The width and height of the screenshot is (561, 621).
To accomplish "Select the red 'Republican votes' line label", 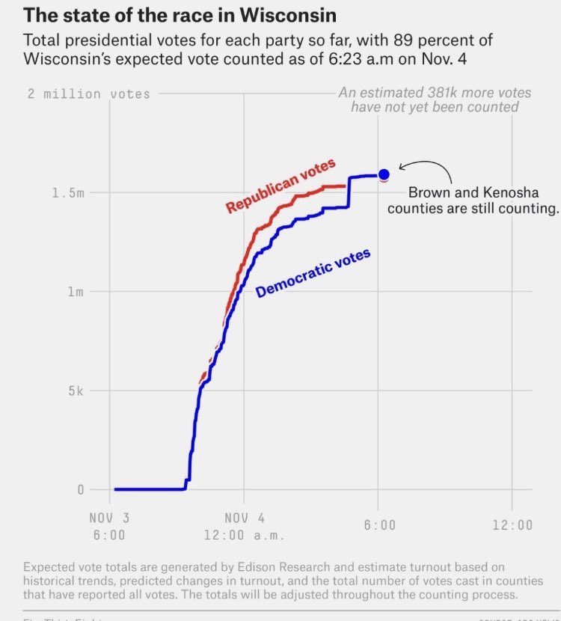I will click(280, 186).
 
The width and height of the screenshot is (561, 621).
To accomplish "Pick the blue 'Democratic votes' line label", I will click(313, 274).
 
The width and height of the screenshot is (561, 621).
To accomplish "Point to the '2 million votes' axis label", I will click(88, 94).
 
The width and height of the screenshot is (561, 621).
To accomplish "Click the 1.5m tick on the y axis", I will click(69, 193).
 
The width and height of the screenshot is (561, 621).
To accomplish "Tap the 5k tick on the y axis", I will click(74, 391).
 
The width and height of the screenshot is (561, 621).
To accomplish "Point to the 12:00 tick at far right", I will click(512, 525).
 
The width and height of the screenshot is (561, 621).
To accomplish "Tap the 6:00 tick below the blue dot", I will click(380, 525).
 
